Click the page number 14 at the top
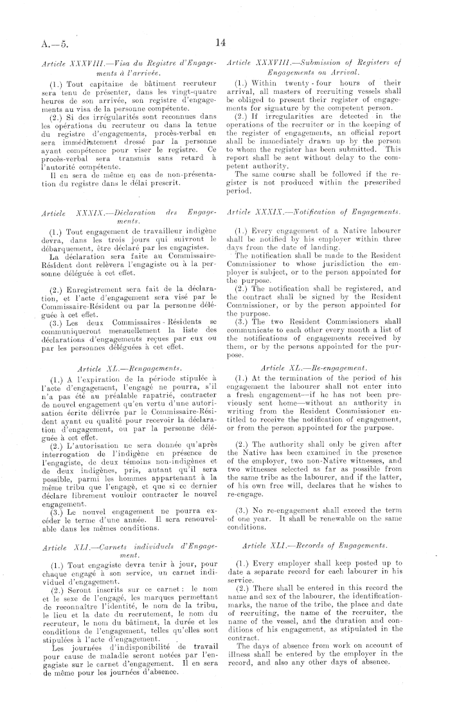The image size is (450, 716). (x=221, y=43)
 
